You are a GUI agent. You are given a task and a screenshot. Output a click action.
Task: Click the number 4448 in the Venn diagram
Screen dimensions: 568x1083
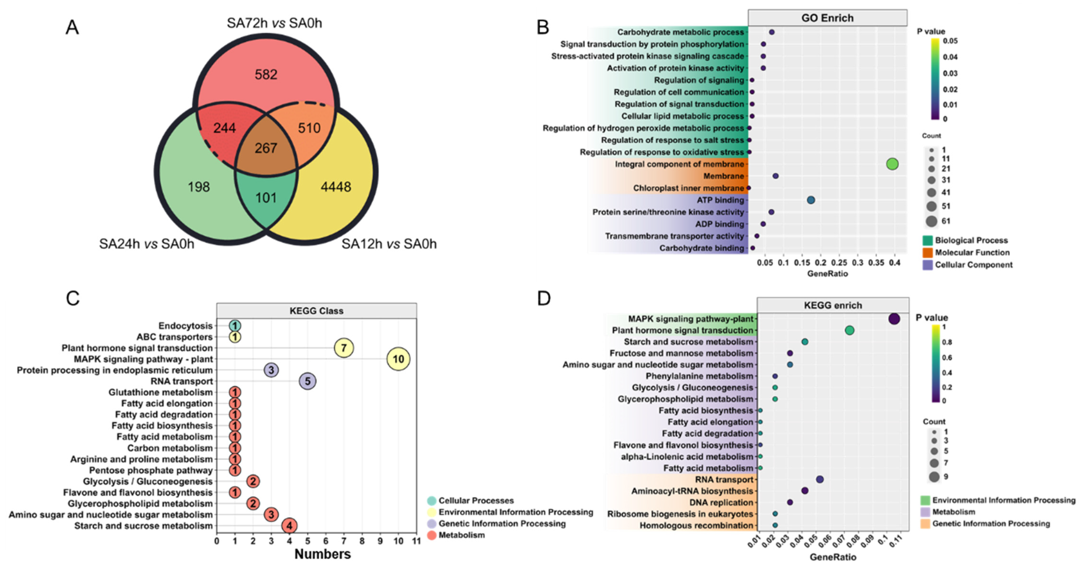336,187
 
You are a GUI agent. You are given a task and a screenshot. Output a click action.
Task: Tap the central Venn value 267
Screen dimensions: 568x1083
266,148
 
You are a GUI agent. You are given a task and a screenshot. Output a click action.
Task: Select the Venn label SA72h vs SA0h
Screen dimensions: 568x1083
274,23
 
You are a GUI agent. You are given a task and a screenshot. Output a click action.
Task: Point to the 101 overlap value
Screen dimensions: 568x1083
266,198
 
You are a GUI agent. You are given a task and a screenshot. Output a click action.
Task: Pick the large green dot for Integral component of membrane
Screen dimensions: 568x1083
892,164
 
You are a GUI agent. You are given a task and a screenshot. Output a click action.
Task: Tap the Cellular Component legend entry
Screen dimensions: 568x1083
973,265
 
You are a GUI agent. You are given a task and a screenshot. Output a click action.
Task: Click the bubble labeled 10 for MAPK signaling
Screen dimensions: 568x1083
398,359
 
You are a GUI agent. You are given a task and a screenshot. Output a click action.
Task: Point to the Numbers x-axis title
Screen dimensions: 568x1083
322,554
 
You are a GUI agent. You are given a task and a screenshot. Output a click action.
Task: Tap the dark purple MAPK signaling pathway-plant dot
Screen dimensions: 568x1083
894,319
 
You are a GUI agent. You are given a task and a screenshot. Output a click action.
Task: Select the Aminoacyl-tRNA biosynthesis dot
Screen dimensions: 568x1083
805,491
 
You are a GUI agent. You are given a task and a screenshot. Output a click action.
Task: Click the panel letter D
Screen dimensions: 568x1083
544,298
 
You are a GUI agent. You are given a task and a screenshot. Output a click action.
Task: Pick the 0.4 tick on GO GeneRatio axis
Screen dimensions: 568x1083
895,263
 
